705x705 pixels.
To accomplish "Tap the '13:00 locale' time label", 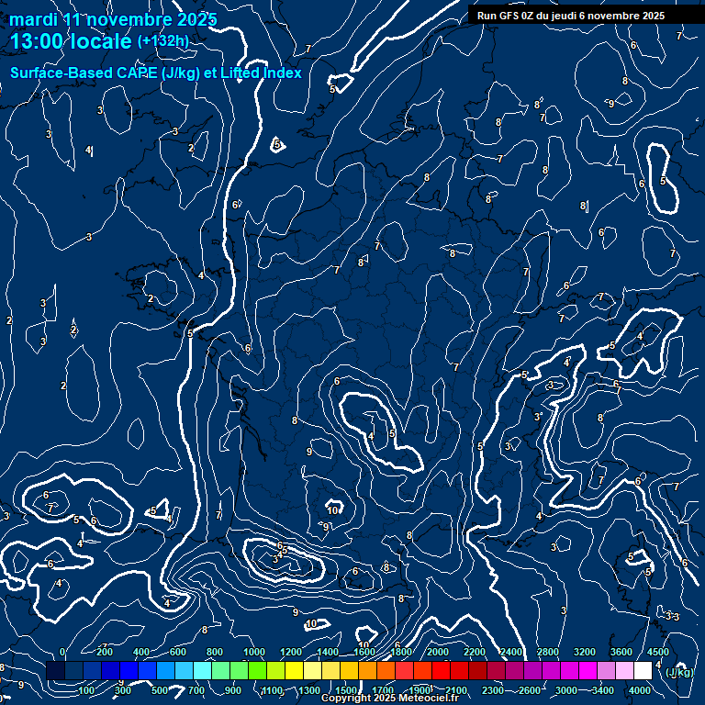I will click(x=72, y=40).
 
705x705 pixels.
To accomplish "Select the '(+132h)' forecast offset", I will click(x=163, y=40).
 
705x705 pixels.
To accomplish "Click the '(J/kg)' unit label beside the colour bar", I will click(x=679, y=672).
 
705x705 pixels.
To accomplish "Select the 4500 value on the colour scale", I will click(x=657, y=652).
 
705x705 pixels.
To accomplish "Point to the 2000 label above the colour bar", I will click(x=438, y=652).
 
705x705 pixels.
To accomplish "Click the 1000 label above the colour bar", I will click(x=254, y=652).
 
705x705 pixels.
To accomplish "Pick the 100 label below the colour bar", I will click(x=86, y=690).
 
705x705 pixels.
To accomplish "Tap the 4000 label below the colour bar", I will click(x=641, y=690).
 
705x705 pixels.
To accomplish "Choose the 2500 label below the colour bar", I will click(x=530, y=690).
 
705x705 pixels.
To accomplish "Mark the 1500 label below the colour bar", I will click(x=346, y=690).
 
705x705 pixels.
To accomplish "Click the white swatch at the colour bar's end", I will click(x=643, y=671).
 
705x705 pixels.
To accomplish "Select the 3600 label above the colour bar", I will click(x=621, y=652).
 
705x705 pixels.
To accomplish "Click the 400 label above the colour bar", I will click(x=141, y=652).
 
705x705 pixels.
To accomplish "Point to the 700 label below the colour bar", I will click(x=196, y=690).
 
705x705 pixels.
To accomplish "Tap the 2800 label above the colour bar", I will click(x=548, y=652).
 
